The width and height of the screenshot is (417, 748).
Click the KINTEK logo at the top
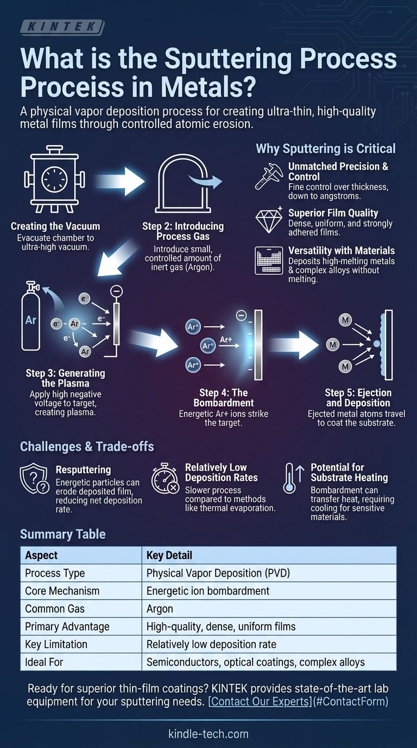point(61,27)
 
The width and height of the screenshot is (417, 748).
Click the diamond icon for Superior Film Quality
point(269,220)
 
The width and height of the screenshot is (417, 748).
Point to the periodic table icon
point(269,260)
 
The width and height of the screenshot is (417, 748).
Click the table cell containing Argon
point(160,608)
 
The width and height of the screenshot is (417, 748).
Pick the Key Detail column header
point(169,556)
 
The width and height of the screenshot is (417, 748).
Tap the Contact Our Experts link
point(298,701)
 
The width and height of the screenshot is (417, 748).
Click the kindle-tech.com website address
point(208,733)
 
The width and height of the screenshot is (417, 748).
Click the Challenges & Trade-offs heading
point(87,446)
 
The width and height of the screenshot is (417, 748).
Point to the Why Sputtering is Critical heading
point(325,148)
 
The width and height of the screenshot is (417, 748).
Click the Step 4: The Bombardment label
point(223,398)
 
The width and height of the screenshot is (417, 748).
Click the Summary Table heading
point(62,534)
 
